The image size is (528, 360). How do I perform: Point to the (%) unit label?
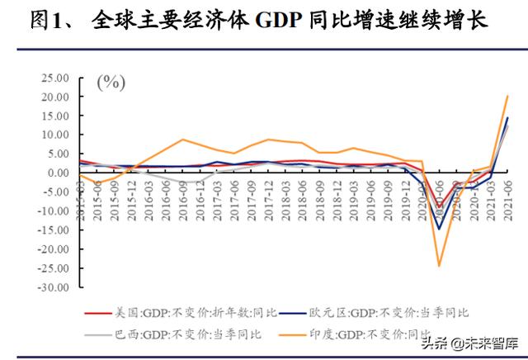[x=111, y=82]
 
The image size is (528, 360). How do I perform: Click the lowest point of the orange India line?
[x=439, y=266]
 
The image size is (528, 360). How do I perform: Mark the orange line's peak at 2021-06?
[x=507, y=97]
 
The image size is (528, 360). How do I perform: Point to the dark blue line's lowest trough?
[x=439, y=229]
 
